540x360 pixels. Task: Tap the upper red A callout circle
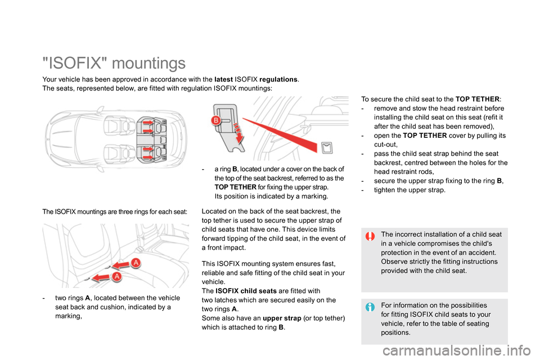(136, 263)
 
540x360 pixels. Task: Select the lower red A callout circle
(117, 277)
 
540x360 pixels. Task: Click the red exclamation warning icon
(370, 236)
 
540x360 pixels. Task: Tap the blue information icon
(370, 307)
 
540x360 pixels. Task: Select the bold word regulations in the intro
(279, 79)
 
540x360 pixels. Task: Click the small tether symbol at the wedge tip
(328, 148)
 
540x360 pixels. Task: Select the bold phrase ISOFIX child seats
(244, 291)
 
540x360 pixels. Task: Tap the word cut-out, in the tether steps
(385, 144)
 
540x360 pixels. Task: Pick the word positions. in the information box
(395, 332)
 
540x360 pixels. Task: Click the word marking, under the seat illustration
(69, 316)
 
